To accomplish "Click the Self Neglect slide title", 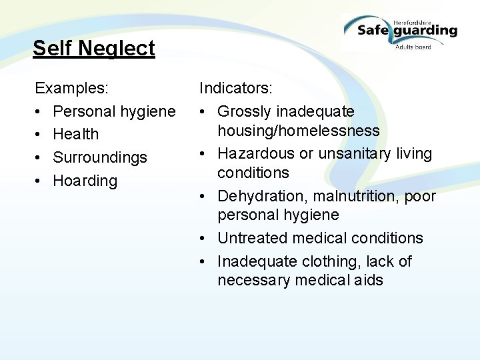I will click(x=93, y=49).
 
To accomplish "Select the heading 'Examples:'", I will click(x=72, y=88).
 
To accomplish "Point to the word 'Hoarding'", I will click(x=85, y=181).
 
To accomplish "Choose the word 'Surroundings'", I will click(x=100, y=158).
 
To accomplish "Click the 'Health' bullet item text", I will click(x=75, y=135).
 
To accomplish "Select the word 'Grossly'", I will click(x=244, y=111).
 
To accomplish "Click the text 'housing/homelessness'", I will click(x=298, y=131).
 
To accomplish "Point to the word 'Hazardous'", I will click(x=256, y=153).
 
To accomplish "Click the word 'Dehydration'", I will click(x=260, y=197).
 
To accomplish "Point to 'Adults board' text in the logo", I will click(x=413, y=47).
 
